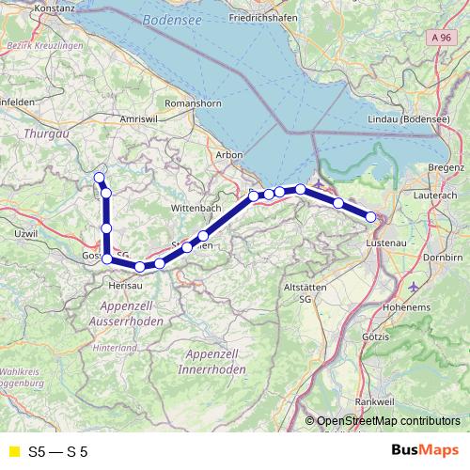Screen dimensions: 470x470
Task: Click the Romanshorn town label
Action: tap(191, 99)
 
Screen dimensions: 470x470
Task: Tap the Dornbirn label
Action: tap(446, 255)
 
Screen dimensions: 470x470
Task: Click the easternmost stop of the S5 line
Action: tap(371, 217)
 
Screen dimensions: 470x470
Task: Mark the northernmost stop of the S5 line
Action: tap(99, 177)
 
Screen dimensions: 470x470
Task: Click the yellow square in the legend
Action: tap(13, 452)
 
